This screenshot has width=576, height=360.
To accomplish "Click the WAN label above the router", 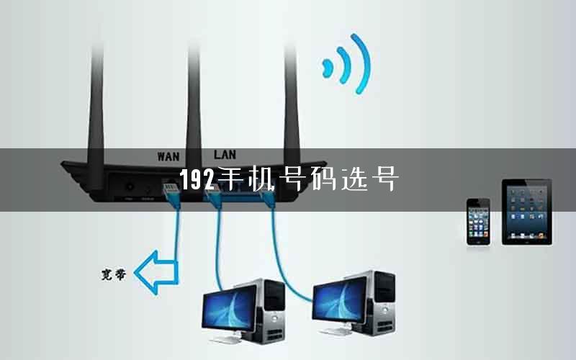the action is pos(168,156).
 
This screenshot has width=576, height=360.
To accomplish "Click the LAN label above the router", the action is pos(225,154).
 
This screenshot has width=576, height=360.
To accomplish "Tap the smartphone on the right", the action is pos(478,222).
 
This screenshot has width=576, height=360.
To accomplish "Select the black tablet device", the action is pos(527,212).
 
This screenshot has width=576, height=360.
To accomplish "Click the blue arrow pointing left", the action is pos(156,273).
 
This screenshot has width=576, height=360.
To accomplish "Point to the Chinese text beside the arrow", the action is pos(114,274).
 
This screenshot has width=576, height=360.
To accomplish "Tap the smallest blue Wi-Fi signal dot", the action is pos(327,68).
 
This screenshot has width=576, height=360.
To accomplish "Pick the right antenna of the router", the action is pos(292,107).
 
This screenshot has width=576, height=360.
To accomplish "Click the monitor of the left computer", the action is pos(229,309).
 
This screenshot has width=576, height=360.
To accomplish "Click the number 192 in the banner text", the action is pos(197,179).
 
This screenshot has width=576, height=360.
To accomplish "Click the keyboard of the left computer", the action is pos(228,340).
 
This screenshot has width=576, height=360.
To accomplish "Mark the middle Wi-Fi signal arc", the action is pos(345,65).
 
